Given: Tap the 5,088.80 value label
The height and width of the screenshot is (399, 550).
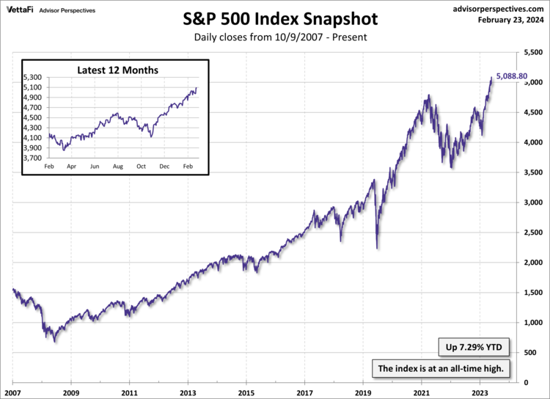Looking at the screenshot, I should click(x=512, y=76).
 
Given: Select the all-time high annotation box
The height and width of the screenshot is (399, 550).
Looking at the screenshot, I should click(x=440, y=368).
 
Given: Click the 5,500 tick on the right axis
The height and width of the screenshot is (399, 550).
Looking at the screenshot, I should click(x=532, y=52).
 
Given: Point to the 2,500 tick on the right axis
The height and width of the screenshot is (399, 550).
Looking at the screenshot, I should click(x=532, y=233).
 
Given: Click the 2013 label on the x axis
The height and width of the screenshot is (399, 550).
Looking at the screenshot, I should click(x=188, y=392).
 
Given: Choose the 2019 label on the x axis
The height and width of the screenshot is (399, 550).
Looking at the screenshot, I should click(x=363, y=392).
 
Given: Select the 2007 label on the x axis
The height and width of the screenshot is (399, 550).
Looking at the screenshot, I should click(x=12, y=392).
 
